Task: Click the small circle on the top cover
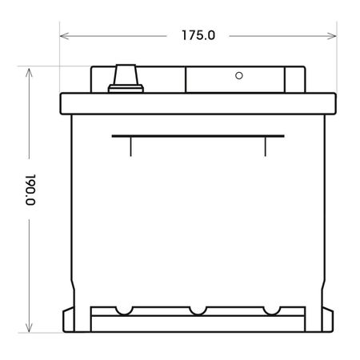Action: (238, 77)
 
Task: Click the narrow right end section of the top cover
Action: (294, 81)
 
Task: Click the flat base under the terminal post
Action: (124, 87)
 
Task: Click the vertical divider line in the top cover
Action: (186, 79)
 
